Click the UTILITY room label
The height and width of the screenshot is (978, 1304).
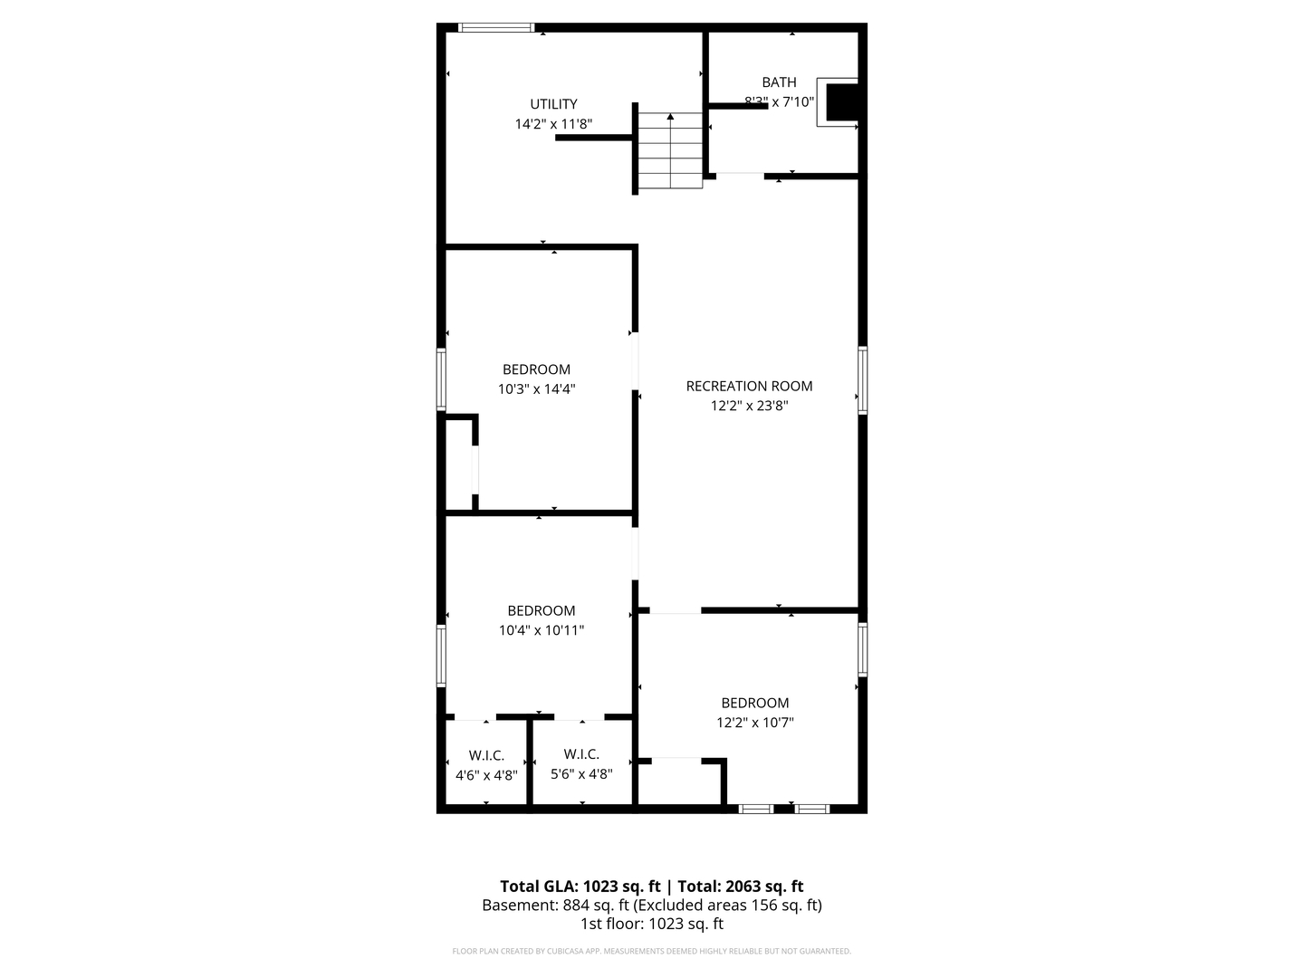click(x=553, y=104)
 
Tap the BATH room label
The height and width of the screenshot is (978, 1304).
click(x=779, y=82)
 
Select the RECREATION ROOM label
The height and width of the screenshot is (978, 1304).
click(x=749, y=386)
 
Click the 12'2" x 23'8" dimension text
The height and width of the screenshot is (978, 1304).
click(x=749, y=407)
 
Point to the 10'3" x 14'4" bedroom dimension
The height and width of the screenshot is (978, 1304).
click(x=536, y=389)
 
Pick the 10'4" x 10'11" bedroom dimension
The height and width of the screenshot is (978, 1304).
click(x=541, y=630)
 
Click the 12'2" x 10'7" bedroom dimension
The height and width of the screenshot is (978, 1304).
click(x=754, y=723)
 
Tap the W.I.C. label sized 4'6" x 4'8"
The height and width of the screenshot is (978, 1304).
click(x=486, y=755)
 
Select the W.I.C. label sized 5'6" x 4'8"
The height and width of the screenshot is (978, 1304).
click(x=581, y=754)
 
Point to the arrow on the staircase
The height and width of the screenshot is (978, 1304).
click(x=670, y=118)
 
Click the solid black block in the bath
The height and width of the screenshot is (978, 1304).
click(x=842, y=101)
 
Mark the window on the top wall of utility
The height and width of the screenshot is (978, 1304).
click(x=496, y=28)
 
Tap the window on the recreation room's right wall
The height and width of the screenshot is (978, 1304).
click(x=863, y=380)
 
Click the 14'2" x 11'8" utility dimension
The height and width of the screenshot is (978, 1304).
click(x=553, y=124)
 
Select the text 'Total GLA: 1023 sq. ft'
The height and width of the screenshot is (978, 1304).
click(x=580, y=887)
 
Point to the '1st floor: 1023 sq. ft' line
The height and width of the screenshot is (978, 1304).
click(x=651, y=925)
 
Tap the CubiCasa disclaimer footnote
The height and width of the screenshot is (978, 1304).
click(x=651, y=952)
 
